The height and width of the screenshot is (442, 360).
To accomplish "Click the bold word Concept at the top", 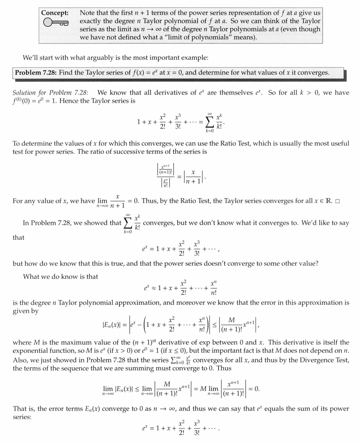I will pos(54,13).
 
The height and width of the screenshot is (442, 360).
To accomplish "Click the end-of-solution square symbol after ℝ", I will pos(337,201).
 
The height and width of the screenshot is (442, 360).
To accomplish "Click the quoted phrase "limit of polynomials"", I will pos(206,37).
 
